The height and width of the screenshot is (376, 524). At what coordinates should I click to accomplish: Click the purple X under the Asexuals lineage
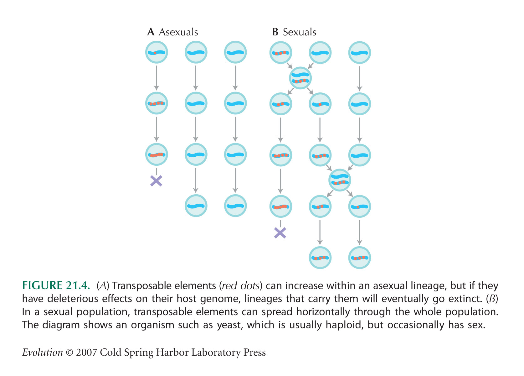(156, 181)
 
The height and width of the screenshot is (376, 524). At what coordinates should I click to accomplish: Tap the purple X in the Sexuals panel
(280, 233)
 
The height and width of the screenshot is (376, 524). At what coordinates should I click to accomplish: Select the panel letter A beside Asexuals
(151, 32)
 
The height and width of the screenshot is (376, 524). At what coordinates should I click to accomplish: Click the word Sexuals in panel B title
(300, 32)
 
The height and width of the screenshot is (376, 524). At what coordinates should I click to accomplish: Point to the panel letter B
(275, 32)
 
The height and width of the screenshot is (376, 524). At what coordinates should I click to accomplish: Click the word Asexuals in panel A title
(178, 32)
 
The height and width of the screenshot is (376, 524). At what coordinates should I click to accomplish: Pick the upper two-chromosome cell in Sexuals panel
(301, 78)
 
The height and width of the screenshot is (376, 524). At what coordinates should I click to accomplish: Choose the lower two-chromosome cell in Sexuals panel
(340, 180)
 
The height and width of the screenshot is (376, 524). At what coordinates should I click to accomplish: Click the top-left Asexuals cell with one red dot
(157, 52)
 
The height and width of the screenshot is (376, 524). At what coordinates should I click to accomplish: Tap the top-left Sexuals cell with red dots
(281, 53)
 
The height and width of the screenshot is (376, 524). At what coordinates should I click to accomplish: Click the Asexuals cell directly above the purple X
(157, 154)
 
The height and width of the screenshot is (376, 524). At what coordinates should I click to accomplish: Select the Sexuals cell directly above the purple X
(281, 206)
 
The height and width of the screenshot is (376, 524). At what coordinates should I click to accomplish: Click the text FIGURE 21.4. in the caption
(56, 286)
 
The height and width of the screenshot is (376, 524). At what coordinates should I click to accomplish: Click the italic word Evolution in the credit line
(43, 352)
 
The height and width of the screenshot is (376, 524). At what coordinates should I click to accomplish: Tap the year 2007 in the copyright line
(87, 352)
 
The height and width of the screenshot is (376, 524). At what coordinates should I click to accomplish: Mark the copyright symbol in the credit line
(69, 352)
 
